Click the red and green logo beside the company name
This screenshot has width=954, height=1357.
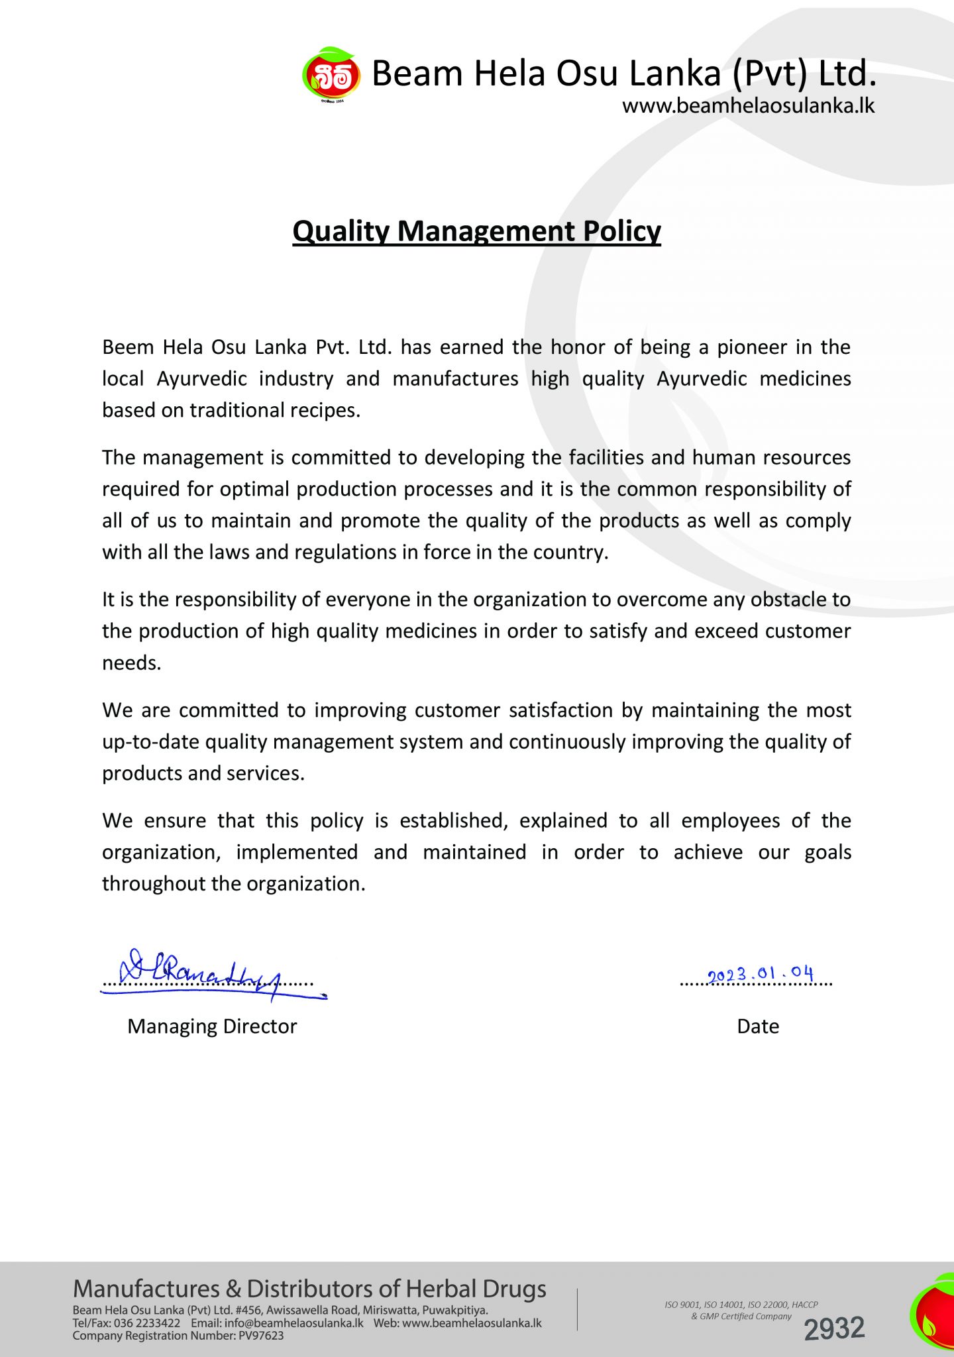click(x=331, y=76)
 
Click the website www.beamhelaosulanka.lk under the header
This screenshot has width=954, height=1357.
click(x=748, y=106)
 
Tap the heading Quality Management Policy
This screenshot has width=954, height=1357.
click(x=476, y=231)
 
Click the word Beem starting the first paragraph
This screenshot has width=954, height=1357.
click(x=128, y=347)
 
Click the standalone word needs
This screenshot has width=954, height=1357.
click(x=131, y=663)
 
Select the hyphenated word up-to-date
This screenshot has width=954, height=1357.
click(x=150, y=742)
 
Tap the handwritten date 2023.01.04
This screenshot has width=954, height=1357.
click(x=760, y=974)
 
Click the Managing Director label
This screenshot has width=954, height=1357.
click(x=212, y=1026)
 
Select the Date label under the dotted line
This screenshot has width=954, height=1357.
click(x=758, y=1026)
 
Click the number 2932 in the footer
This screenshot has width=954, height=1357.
click(x=834, y=1329)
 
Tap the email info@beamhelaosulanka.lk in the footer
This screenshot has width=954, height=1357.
click(x=293, y=1323)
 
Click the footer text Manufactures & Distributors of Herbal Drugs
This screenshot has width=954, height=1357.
click(x=309, y=1289)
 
